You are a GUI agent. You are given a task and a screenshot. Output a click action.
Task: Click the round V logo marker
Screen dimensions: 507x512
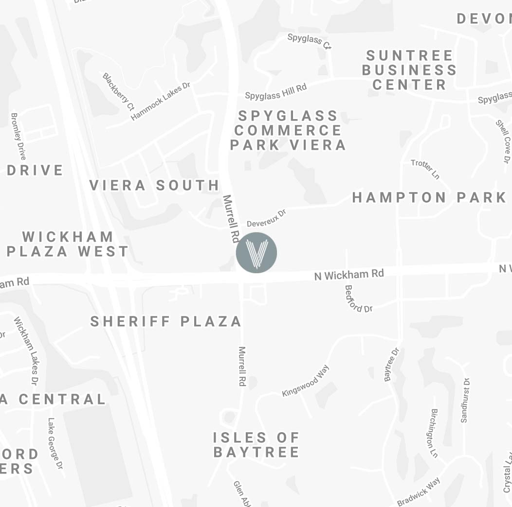pyautogui.click(x=256, y=252)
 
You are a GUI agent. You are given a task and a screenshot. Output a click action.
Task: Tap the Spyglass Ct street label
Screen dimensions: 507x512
pyautogui.click(x=310, y=41)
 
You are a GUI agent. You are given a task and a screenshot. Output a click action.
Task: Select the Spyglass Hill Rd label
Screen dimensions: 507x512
pyautogui.click(x=275, y=91)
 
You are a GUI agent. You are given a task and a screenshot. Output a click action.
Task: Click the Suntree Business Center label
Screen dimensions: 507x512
pyautogui.click(x=409, y=70)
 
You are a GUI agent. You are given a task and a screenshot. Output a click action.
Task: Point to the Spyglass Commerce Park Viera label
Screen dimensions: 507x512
pyautogui.click(x=288, y=130)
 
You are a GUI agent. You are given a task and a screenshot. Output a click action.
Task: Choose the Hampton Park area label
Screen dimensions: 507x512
pyautogui.click(x=429, y=197)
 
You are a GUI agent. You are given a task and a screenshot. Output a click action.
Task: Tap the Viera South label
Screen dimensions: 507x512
pyautogui.click(x=154, y=185)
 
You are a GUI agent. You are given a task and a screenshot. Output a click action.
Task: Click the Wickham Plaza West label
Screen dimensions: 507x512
pyautogui.click(x=68, y=244)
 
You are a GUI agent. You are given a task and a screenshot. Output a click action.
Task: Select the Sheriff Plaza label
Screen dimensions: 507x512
pyautogui.click(x=166, y=321)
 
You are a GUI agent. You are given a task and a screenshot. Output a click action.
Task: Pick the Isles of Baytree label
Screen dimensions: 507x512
pyautogui.click(x=256, y=445)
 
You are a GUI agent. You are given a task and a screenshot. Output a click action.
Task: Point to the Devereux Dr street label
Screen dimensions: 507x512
pyautogui.click(x=267, y=218)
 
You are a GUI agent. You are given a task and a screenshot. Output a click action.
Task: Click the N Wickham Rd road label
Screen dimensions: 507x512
pyautogui.click(x=349, y=275)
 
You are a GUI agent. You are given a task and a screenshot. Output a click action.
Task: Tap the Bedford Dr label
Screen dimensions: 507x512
pyautogui.click(x=358, y=299)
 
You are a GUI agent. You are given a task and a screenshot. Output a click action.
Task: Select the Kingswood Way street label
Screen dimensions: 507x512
pyautogui.click(x=306, y=381)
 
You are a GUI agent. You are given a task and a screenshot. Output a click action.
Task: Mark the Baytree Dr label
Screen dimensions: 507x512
pyautogui.click(x=392, y=365)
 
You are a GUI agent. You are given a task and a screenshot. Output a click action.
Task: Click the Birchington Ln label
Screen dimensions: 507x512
pyautogui.click(x=435, y=433)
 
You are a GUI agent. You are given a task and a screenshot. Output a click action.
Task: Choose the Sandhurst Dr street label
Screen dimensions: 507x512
pyautogui.click(x=464, y=400)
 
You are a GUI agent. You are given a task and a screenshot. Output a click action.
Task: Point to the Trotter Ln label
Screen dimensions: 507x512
pyautogui.click(x=425, y=169)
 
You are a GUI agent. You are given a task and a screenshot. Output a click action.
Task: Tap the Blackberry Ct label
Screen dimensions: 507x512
pyautogui.click(x=118, y=91)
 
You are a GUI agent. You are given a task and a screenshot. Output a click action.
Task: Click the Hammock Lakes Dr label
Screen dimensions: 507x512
pyautogui.click(x=161, y=101)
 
